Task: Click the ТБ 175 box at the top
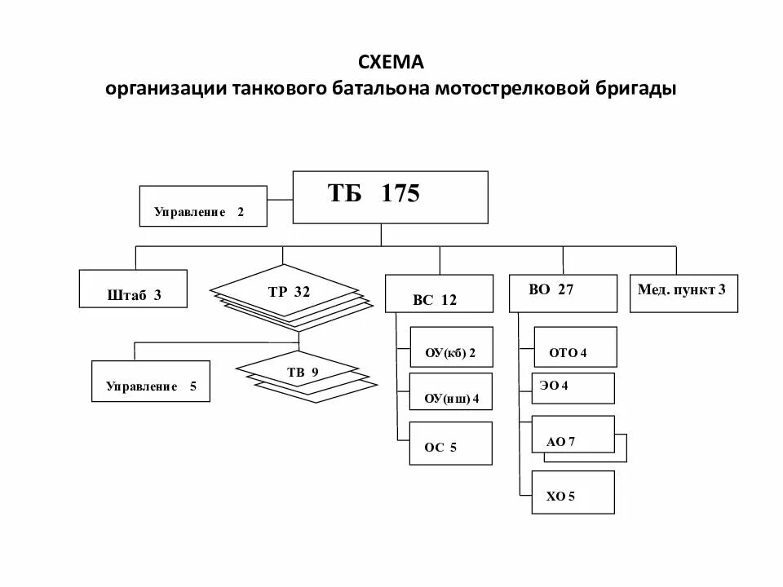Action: [x=390, y=197]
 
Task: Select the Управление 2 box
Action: [x=203, y=206]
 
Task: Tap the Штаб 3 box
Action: [x=134, y=289]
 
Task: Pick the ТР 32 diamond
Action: [x=285, y=291]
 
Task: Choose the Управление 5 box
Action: [x=150, y=381]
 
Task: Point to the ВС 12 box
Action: [x=439, y=293]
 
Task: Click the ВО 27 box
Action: [x=563, y=293]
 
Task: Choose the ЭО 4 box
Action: [x=573, y=388]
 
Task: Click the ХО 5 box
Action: [x=573, y=492]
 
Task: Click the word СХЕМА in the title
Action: [x=391, y=62]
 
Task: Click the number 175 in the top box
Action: [x=400, y=194]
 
